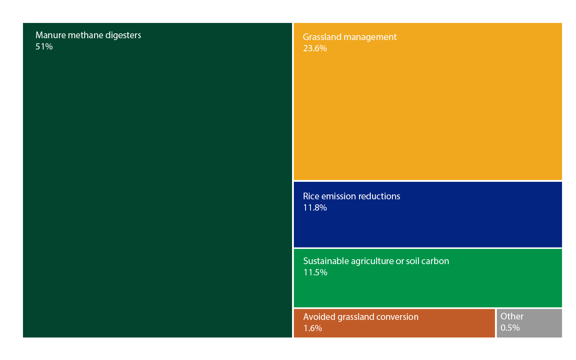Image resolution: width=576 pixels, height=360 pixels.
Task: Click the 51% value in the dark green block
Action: pos(44,46)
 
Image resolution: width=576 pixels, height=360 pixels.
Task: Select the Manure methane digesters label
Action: pos(88,35)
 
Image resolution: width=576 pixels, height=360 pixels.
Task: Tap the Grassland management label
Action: pos(350,37)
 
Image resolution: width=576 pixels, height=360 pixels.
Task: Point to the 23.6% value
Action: pos(315,48)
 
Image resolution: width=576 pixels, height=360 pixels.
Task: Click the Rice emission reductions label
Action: pos(351,196)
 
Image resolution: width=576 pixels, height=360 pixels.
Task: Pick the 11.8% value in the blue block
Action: pos(315,207)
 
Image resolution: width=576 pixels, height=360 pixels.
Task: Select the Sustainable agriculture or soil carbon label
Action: pos(376,261)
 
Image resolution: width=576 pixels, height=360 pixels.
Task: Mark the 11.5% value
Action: pos(315,272)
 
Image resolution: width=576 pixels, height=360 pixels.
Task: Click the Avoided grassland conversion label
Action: pos(360,317)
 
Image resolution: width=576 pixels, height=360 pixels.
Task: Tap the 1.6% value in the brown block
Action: pos(312,328)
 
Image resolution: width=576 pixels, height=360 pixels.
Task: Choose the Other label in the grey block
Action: pos(512,316)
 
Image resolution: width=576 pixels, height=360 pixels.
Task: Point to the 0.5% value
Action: pos(510,328)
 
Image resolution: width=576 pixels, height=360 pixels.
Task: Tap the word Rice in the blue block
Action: pos(310,196)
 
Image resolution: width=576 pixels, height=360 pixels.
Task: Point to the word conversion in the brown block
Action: pos(398,317)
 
